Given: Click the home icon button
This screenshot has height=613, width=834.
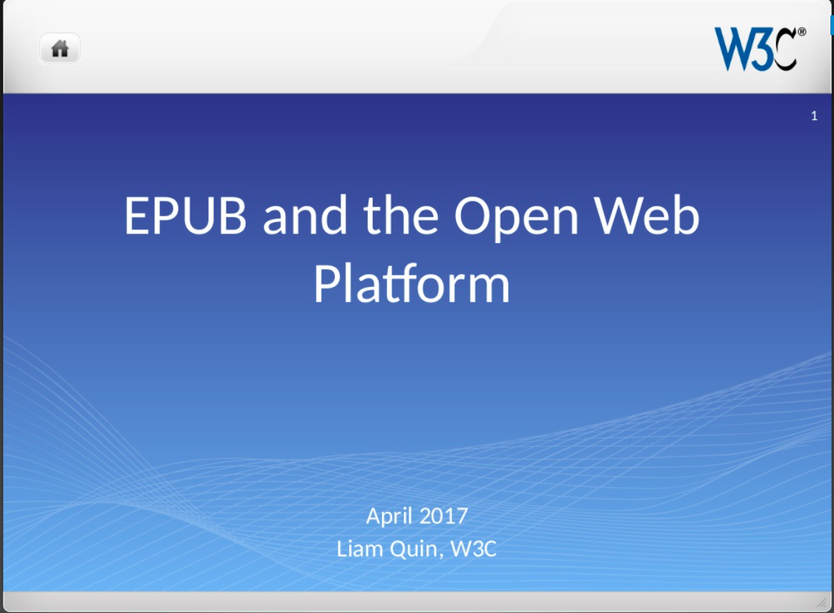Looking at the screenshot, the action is coord(60,48).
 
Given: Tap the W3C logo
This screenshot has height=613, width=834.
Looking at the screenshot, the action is coord(759,48).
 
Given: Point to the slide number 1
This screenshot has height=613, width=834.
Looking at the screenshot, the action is coord(814,116).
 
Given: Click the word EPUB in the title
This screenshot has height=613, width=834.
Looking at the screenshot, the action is coord(185,216).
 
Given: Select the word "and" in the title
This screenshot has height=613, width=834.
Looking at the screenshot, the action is coord(305,216).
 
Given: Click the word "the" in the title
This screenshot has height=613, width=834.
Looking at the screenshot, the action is coord(401,216).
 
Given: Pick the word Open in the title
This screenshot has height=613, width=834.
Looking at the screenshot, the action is coord(516,218).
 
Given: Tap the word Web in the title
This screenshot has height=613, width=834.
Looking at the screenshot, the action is coord(647,216).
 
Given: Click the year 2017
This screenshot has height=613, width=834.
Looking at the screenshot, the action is coord(443,516).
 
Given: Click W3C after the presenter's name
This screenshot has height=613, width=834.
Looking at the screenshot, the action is coord(473,548).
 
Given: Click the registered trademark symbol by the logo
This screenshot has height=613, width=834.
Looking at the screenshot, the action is coord(802,32).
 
